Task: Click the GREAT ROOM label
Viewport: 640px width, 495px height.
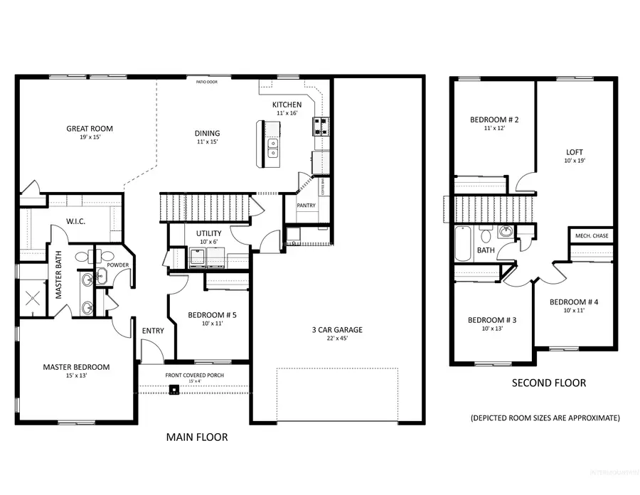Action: click(x=90, y=129)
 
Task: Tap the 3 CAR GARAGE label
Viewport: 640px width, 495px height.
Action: click(x=337, y=329)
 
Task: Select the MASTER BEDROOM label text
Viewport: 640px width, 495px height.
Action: click(x=76, y=367)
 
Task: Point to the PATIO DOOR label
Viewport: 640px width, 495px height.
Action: click(x=207, y=82)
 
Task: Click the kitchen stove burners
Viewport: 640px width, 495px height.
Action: click(x=319, y=127)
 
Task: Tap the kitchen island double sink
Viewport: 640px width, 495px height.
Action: click(x=272, y=147)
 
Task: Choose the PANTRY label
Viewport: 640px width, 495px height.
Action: click(x=306, y=206)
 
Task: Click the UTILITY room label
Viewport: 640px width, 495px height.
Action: click(x=209, y=233)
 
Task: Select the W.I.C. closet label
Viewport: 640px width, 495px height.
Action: click(x=75, y=221)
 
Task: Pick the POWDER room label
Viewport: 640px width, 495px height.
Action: click(x=117, y=265)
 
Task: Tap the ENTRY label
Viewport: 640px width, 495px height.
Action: click(x=153, y=331)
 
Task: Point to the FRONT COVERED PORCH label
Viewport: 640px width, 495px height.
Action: click(x=193, y=375)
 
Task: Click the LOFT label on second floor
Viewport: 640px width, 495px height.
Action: click(x=575, y=152)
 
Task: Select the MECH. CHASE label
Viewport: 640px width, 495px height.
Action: click(x=592, y=236)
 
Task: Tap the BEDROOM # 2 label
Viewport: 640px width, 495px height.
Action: click(x=494, y=119)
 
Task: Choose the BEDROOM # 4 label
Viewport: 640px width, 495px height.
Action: click(x=574, y=302)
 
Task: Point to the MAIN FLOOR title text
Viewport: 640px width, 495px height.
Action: click(x=197, y=437)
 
